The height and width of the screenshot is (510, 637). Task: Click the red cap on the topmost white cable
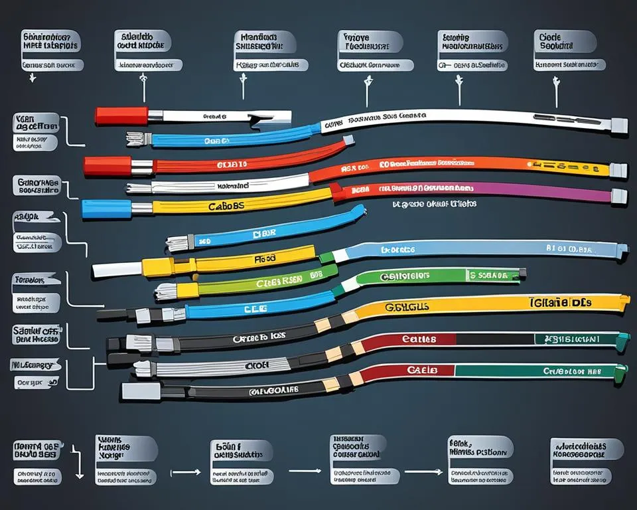click(121, 116)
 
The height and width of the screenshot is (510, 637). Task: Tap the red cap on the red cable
click(107, 165)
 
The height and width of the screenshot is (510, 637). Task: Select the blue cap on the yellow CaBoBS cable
click(106, 209)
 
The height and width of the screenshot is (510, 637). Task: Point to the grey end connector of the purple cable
click(618, 195)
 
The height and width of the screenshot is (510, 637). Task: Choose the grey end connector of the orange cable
click(618, 170)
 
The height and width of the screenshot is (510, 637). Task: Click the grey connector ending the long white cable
click(618, 124)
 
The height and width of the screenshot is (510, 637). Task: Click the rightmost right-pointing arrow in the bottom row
click(415, 471)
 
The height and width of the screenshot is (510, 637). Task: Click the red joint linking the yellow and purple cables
click(338, 193)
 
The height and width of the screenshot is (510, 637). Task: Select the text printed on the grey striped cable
click(257, 365)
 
